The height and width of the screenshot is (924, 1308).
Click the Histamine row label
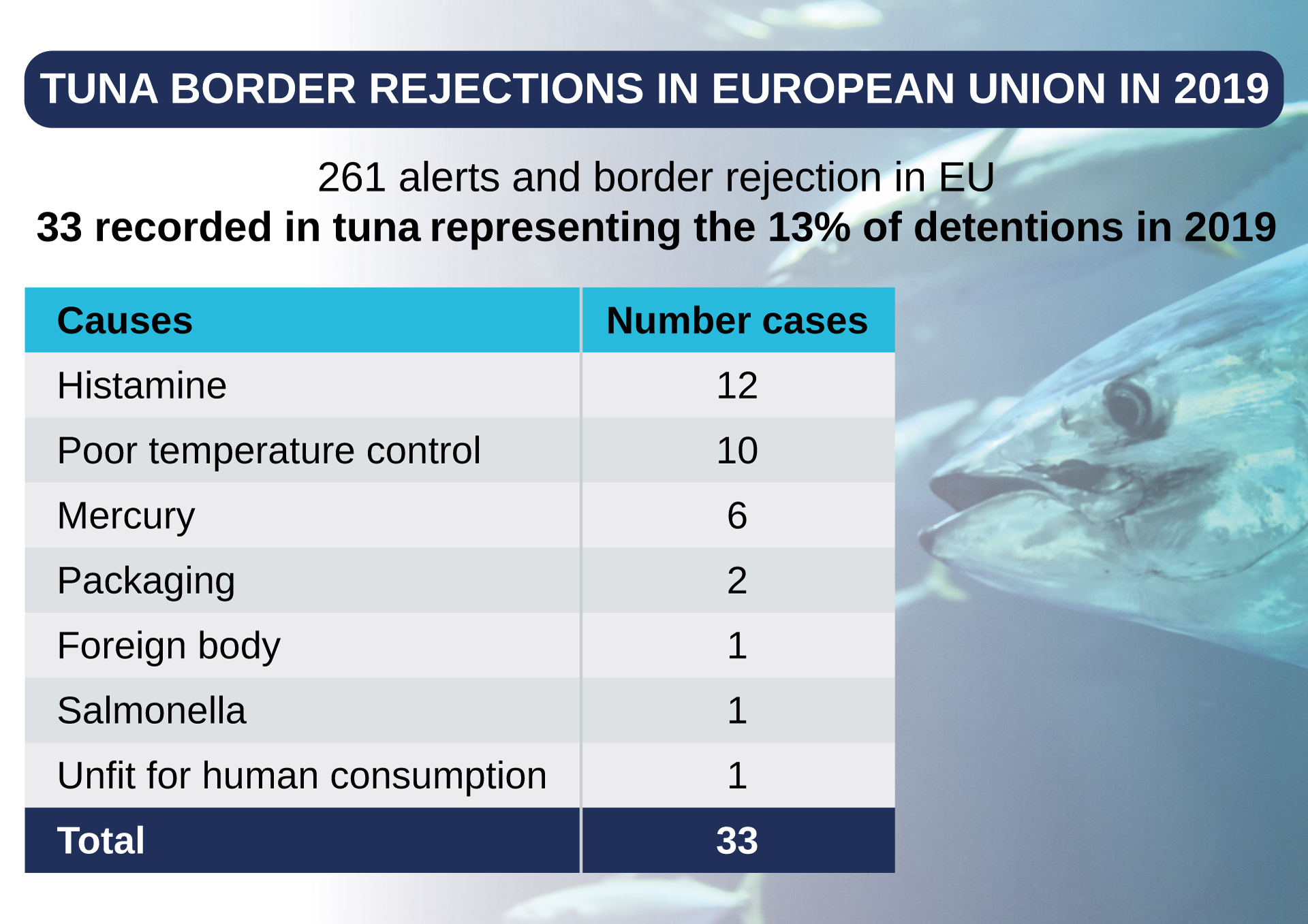pos(142,385)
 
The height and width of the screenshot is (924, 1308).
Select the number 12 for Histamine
pos(737,385)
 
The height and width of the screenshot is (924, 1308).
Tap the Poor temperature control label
pos(268,451)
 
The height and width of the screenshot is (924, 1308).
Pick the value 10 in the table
pos(737,451)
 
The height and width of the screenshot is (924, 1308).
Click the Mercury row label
pos(126,515)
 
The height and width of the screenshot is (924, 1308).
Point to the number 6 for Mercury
pos(737,515)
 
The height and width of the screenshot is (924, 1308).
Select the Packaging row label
pos(146,581)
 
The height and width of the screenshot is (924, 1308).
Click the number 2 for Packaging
pos(737,581)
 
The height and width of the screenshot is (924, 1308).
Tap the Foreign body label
pos(169,646)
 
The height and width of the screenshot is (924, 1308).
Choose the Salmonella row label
pos(151,711)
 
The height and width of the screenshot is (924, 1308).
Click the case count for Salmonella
pos(737,711)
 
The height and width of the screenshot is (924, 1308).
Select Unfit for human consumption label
pos(302,776)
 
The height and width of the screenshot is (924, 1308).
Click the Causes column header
pos(125,321)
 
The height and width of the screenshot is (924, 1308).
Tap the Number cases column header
pos(737,321)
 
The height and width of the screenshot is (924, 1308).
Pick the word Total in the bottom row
pos(101,841)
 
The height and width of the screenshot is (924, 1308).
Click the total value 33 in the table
pos(737,841)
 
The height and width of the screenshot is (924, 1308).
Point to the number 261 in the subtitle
pos(352,178)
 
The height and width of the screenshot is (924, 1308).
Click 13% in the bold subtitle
pos(809,227)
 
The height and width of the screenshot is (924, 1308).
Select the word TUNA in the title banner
pos(99,89)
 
